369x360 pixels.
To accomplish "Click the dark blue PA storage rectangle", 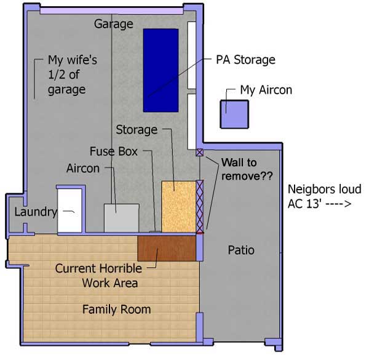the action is click(161, 70).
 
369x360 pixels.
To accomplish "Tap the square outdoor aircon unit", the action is click(234, 114).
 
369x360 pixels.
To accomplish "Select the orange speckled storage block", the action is click(178, 207).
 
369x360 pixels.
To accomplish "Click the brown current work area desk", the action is click(167, 248).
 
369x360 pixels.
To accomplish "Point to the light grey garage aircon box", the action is click(121, 218).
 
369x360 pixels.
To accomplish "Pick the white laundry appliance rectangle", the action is click(69, 210).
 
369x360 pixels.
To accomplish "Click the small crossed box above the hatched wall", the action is click(199, 153).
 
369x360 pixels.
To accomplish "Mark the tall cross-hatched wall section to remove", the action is click(199, 207).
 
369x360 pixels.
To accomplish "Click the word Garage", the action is click(113, 24).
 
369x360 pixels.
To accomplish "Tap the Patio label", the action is click(241, 250).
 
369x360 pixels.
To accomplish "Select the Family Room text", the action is click(116, 310).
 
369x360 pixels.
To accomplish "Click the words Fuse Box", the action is click(114, 151).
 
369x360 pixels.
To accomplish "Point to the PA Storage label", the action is click(245, 60).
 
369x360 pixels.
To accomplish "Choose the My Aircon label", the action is click(266, 90).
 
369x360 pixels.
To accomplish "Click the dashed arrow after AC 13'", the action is click(338, 204).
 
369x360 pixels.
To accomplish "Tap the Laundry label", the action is click(36, 212).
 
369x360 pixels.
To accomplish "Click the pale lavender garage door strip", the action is click(111, 11).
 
